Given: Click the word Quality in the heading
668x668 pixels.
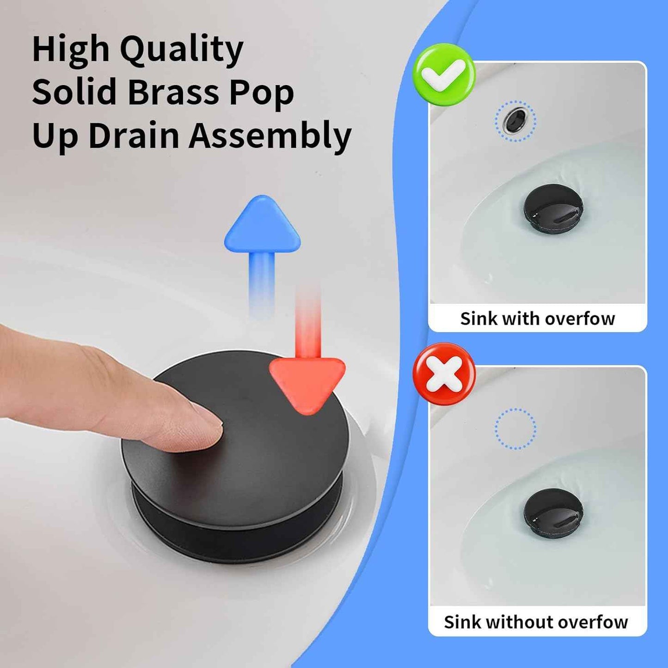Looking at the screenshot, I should tap(182, 50).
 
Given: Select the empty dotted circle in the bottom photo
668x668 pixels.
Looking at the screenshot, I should tap(515, 429).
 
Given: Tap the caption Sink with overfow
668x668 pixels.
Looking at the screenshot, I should tap(537, 319).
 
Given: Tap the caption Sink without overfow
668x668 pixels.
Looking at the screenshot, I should tap(536, 622).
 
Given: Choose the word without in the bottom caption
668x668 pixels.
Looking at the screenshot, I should tap(520, 622).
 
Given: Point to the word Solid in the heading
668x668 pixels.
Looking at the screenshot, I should tap(74, 92).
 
